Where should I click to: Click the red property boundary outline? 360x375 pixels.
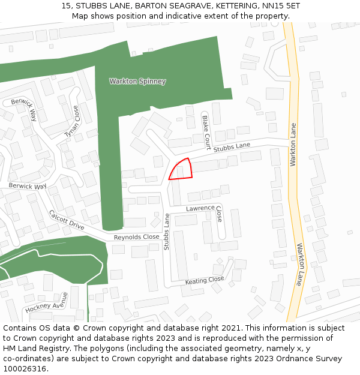coord(181,169)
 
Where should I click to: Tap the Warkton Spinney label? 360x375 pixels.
coord(137,81)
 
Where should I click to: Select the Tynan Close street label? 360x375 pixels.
coord(72,122)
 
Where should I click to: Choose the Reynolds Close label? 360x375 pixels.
coord(137,238)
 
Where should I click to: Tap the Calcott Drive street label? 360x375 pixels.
coord(67,220)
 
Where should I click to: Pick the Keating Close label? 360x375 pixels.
coord(204,280)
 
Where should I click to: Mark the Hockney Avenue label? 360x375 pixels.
coord(46,303)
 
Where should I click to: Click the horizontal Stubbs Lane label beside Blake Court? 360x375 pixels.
coord(232,146)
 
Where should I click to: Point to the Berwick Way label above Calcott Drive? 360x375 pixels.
coord(28,186)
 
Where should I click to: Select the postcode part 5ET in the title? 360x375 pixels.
coord(291,6)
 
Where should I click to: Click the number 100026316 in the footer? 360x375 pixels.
coord(25,369)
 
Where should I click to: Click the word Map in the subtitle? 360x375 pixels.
coord(80,16)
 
